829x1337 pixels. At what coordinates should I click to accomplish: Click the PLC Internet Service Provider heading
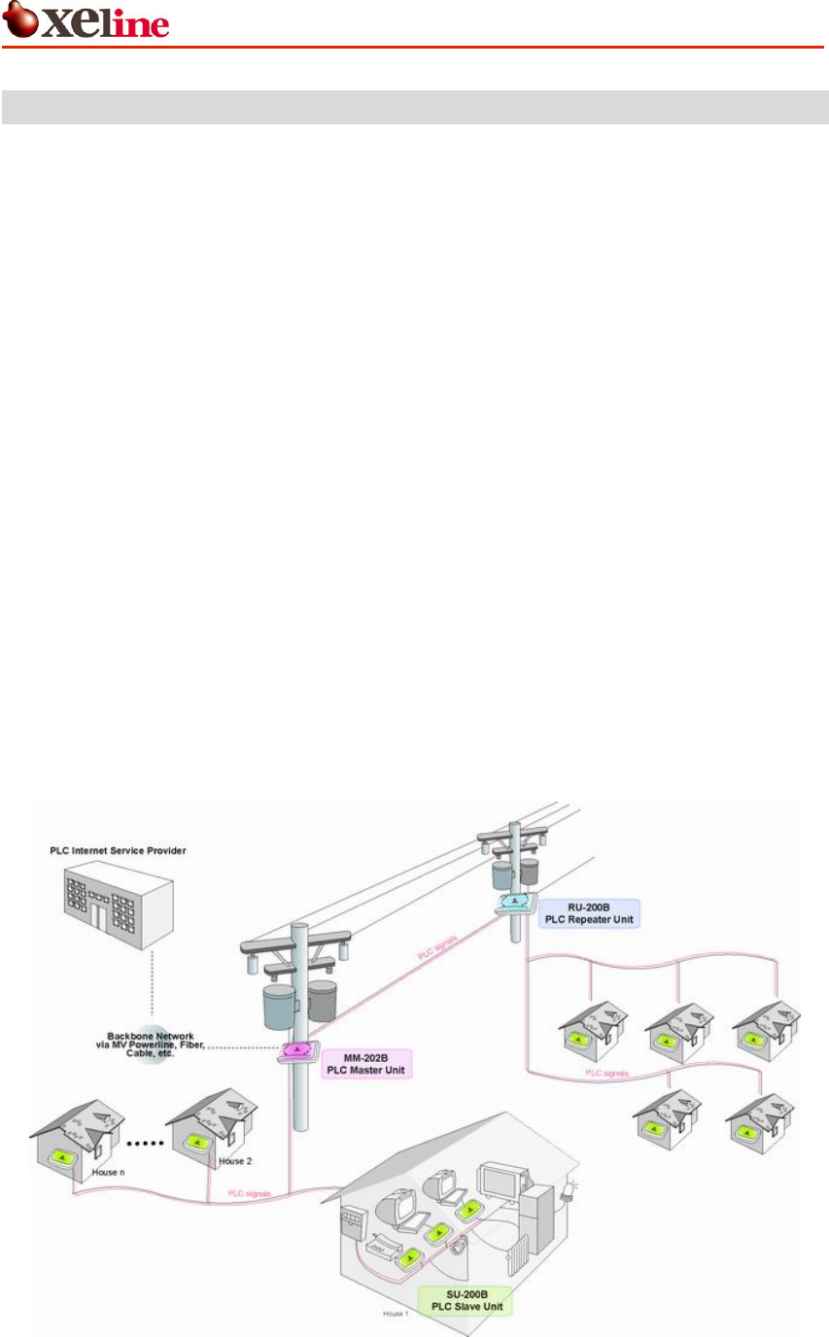click(118, 851)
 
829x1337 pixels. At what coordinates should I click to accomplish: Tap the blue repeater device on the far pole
click(512, 904)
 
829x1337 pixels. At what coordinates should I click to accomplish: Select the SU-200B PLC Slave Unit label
click(463, 1299)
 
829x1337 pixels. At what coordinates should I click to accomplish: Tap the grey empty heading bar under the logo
click(414, 107)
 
